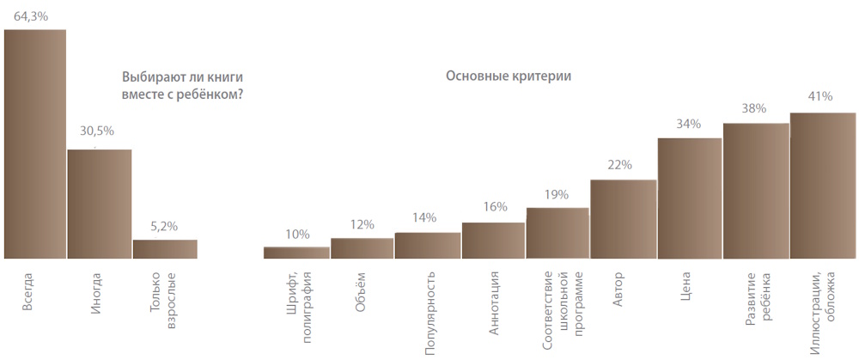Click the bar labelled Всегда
click(35, 143)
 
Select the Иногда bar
click(100, 204)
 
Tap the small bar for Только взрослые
click(165, 248)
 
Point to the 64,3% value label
click(31, 15)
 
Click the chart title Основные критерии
click(509, 76)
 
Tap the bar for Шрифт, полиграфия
click(296, 253)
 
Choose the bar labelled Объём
click(362, 247)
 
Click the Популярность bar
click(428, 245)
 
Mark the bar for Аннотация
click(493, 240)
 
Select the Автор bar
click(624, 218)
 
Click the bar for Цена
click(689, 198)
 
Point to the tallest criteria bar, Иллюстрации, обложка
click(823, 185)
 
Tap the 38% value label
click(755, 109)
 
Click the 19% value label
click(557, 194)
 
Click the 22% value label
click(620, 164)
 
